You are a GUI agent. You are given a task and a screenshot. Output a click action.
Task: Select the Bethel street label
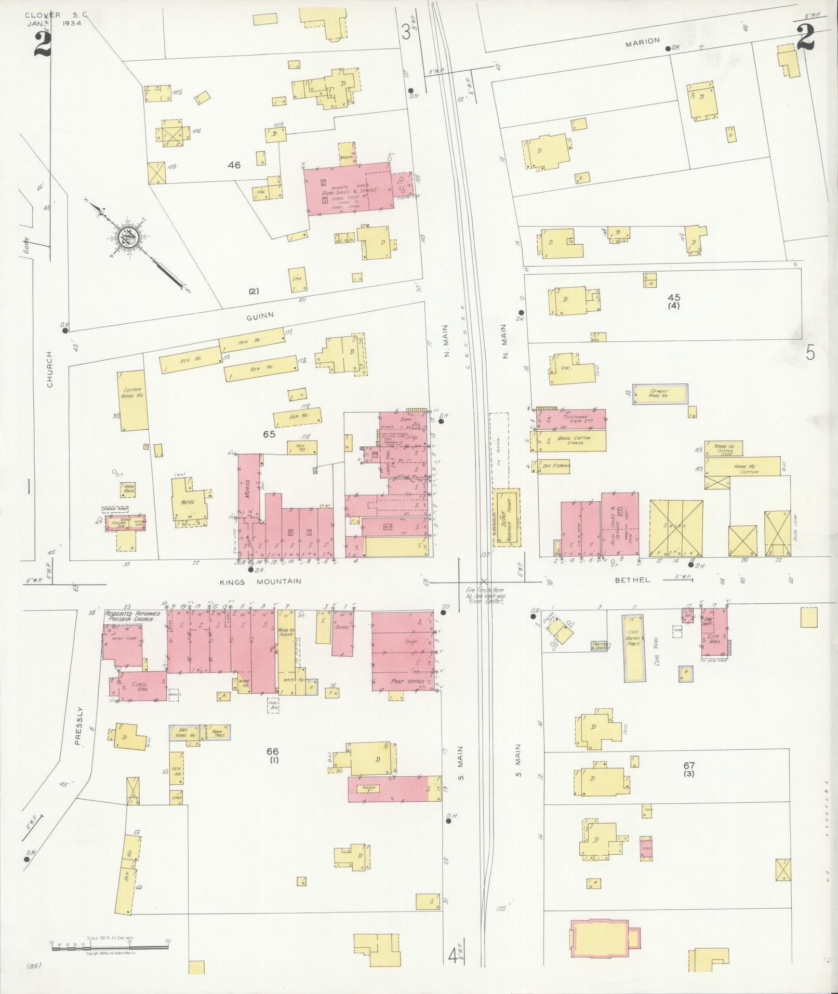point(632,580)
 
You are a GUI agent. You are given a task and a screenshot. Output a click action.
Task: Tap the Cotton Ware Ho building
point(132,400)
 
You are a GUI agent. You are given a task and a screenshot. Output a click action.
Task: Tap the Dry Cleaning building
point(555,466)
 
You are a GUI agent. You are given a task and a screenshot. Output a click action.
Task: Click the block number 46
point(234,165)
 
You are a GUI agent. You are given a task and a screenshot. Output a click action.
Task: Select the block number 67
point(689,765)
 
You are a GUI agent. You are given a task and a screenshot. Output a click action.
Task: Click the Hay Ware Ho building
point(185,733)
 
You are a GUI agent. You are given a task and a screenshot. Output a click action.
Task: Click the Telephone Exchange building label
point(573,419)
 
